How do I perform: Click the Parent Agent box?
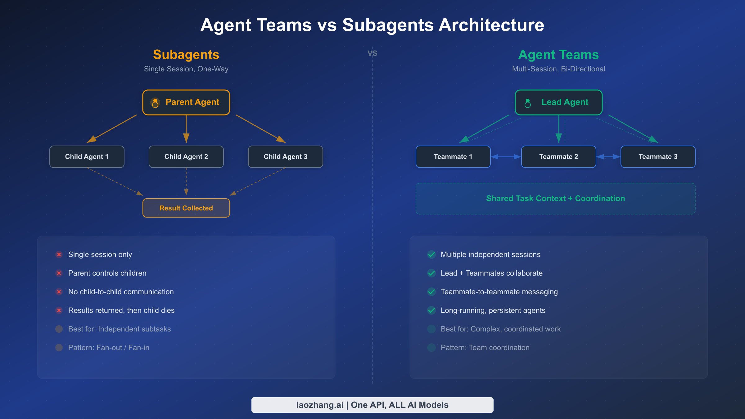(186, 102)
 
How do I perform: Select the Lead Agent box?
(559, 102)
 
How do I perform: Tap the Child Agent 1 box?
(87, 157)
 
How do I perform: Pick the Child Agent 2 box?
(186, 157)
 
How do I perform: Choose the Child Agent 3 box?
(286, 157)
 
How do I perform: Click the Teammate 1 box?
(453, 157)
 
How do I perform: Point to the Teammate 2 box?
(558, 157)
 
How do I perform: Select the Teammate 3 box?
(658, 157)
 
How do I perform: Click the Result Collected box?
(186, 208)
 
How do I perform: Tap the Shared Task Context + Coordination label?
(555, 198)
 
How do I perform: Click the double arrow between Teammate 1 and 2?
(506, 157)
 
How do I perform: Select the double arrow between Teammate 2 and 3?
(608, 157)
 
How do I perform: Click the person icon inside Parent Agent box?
(155, 103)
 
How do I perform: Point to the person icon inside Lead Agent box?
(528, 103)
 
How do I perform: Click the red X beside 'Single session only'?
(59, 255)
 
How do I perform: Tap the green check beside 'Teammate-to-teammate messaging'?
(431, 292)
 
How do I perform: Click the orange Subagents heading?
(186, 55)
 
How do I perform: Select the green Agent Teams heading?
(558, 55)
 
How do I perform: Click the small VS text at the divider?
(372, 53)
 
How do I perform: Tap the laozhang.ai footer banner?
(372, 405)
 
